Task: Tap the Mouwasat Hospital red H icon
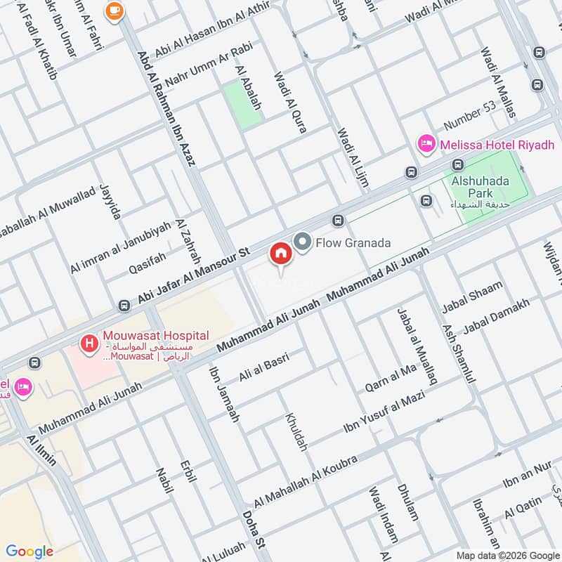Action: (89, 344)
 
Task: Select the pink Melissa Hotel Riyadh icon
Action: (425, 145)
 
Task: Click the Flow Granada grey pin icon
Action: (302, 242)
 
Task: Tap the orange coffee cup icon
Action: (113, 10)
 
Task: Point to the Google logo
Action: (29, 551)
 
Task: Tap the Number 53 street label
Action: (469, 116)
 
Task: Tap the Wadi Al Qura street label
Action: (289, 102)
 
